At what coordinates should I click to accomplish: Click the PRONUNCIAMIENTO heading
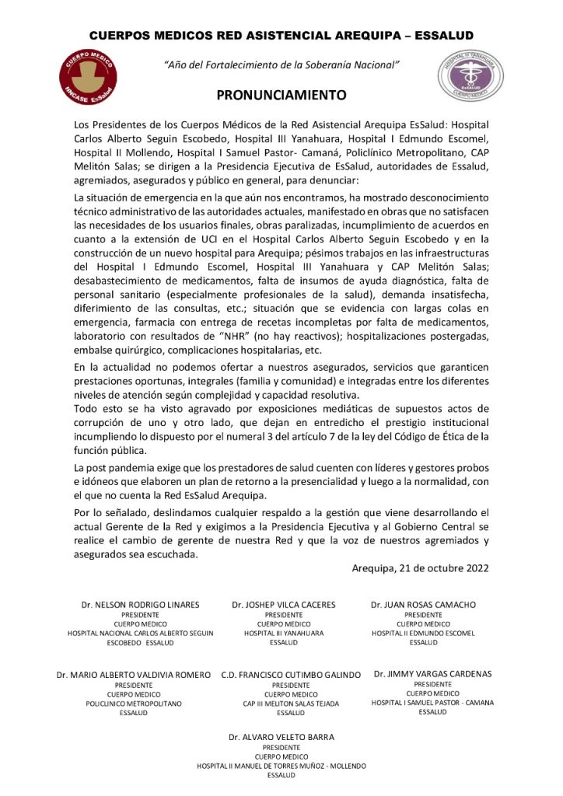[x=281, y=96]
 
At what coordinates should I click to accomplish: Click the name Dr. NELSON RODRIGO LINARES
[x=141, y=604]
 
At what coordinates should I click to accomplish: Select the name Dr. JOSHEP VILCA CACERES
[x=283, y=604]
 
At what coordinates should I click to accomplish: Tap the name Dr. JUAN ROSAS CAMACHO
[x=423, y=604]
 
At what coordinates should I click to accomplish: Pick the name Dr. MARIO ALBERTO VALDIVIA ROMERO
[x=134, y=674]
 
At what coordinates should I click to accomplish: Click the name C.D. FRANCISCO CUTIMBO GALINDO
[x=291, y=674]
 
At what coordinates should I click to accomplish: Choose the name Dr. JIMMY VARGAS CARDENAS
[x=432, y=673]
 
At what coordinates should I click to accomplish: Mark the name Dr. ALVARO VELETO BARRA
[x=281, y=735]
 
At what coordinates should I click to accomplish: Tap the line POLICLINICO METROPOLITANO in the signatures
[x=134, y=703]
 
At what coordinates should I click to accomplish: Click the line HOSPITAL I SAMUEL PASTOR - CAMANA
[x=432, y=702]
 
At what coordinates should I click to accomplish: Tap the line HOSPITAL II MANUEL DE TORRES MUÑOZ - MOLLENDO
[x=281, y=765]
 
